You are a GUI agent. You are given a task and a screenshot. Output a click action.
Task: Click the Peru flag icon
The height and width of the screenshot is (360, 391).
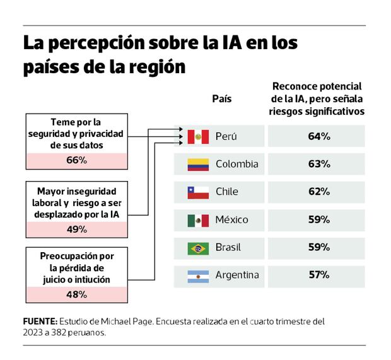click(x=198, y=136)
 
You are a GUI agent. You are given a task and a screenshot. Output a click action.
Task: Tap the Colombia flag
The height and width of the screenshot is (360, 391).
click(x=198, y=164)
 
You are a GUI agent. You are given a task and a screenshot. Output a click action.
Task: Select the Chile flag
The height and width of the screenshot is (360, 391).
click(x=198, y=192)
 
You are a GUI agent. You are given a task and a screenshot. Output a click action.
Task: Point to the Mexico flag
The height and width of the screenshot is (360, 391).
click(x=198, y=220)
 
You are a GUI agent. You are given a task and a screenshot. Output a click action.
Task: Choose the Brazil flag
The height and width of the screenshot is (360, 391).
click(x=198, y=248)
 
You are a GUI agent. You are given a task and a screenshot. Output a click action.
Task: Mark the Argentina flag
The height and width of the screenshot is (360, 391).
click(x=198, y=276)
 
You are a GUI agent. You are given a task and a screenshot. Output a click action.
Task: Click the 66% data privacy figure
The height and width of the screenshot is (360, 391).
click(x=76, y=160)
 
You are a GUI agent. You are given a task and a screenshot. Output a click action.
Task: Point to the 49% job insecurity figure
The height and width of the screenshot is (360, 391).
click(x=76, y=229)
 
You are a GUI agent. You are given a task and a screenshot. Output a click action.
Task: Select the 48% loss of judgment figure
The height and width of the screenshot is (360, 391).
click(x=76, y=294)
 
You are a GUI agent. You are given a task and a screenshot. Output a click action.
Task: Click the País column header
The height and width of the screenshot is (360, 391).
click(x=221, y=99)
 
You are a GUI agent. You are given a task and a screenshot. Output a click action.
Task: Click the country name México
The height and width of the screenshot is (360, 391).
click(x=231, y=220)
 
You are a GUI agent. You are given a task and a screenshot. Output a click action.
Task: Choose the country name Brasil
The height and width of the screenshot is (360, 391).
click(x=228, y=248)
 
